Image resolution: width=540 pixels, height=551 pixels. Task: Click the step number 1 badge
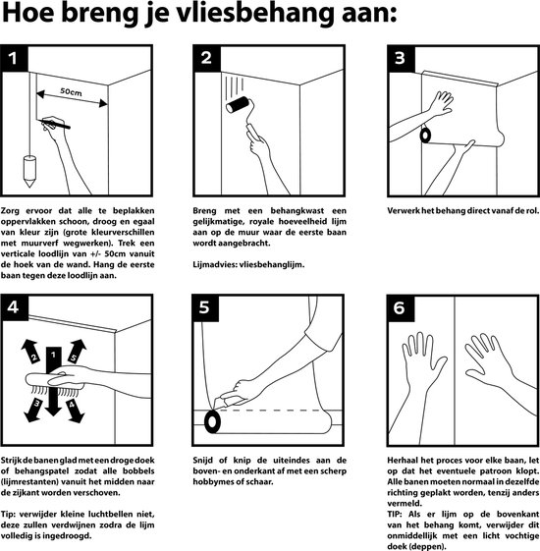pos(14,58)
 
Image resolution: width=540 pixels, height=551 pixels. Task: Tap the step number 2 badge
pos(207,58)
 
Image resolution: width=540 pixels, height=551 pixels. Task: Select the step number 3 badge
pos(402,58)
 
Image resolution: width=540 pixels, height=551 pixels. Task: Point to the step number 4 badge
pos(14,307)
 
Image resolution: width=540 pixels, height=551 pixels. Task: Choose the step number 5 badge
pos(206,307)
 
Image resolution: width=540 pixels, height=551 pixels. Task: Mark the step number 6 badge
pos(401,308)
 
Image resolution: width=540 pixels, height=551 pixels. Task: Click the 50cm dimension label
pos(71,92)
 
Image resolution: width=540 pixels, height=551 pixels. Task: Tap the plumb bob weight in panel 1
pos(29,171)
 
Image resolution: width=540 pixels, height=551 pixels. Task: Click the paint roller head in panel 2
pos(238,105)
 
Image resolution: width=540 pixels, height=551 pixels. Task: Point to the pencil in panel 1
pos(54,124)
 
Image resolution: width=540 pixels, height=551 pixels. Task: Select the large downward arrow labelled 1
pos(53,381)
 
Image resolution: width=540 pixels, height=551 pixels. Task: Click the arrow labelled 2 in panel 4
pos(30,351)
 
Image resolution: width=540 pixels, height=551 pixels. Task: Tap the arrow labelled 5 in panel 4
pos(77,351)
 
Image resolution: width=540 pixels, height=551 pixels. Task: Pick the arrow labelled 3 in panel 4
pos(33,410)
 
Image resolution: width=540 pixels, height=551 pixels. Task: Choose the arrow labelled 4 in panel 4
pos(74,410)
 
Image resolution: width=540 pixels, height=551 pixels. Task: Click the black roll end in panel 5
pos(212,421)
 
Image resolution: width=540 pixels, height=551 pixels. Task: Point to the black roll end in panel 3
pos(425,135)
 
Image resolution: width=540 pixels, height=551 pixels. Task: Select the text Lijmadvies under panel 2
pos(214,264)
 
